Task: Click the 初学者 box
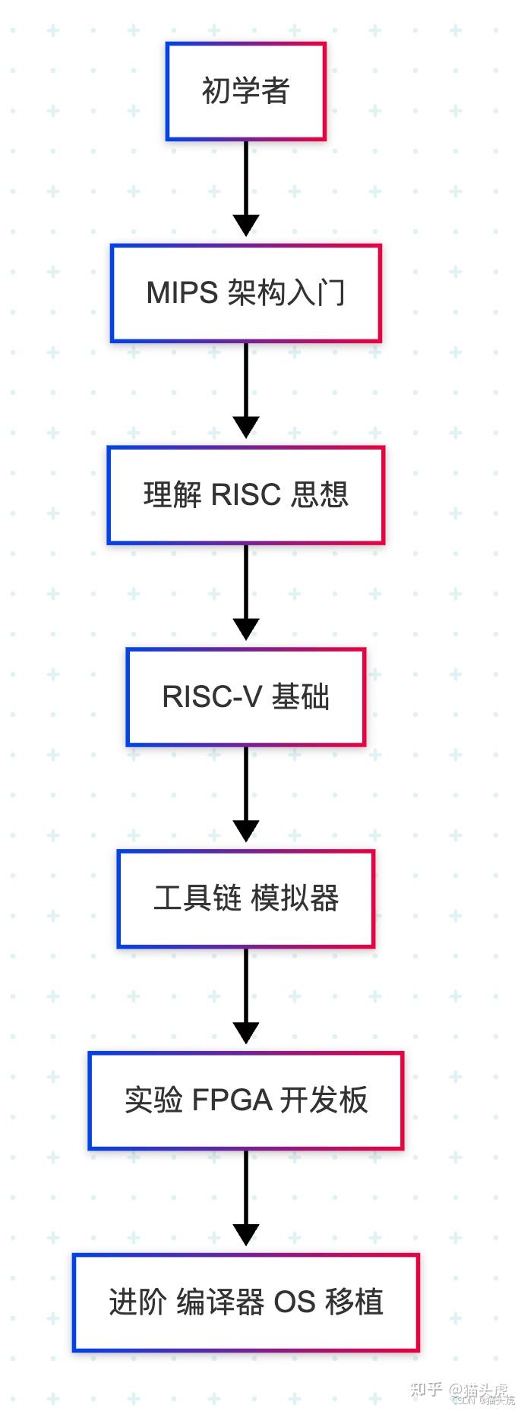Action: (x=245, y=91)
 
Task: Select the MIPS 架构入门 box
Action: (x=245, y=293)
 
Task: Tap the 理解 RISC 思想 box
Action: (x=245, y=495)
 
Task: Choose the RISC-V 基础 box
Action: (x=245, y=696)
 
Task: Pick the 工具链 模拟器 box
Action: (x=245, y=898)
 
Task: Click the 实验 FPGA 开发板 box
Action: (x=245, y=1100)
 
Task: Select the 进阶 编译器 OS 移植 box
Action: (x=245, y=1302)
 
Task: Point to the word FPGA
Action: (x=232, y=1100)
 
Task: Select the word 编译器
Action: (x=219, y=1302)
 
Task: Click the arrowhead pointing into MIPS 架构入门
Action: (x=245, y=226)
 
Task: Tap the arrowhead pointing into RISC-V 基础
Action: (x=245, y=630)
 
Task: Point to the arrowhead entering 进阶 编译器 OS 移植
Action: (x=245, y=1235)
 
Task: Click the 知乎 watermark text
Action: (x=425, y=1389)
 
